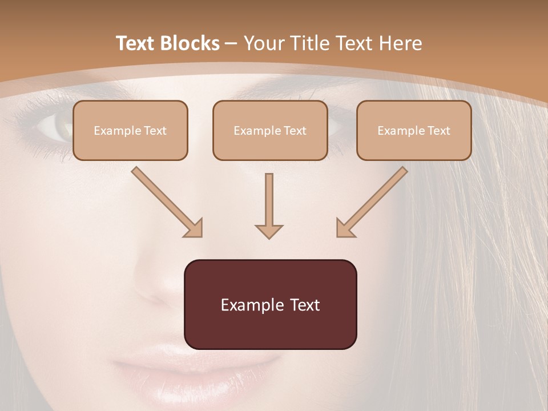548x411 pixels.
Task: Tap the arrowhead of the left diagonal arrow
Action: (194, 228)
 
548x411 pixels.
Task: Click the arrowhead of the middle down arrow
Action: (269, 231)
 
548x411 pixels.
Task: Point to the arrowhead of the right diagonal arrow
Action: (345, 228)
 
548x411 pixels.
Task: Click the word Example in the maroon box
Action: (253, 305)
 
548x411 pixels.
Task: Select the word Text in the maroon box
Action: (304, 305)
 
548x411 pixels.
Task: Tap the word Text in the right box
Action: (438, 131)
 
